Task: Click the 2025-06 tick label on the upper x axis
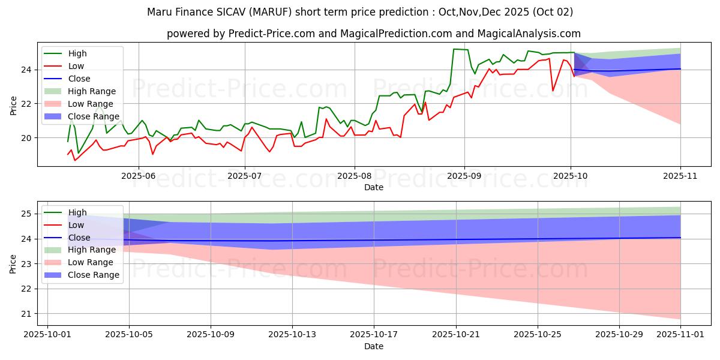point(139,175)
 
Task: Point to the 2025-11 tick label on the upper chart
point(680,175)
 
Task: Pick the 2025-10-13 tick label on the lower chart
point(292,335)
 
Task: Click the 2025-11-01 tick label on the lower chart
point(680,335)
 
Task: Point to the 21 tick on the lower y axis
point(28,314)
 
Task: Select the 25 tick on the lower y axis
point(28,214)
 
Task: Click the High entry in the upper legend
point(77,53)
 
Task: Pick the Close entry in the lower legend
point(79,238)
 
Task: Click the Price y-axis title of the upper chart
point(14,106)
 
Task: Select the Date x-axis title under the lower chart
point(373,346)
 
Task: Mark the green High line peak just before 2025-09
point(454,49)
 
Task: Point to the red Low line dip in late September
point(553,91)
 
